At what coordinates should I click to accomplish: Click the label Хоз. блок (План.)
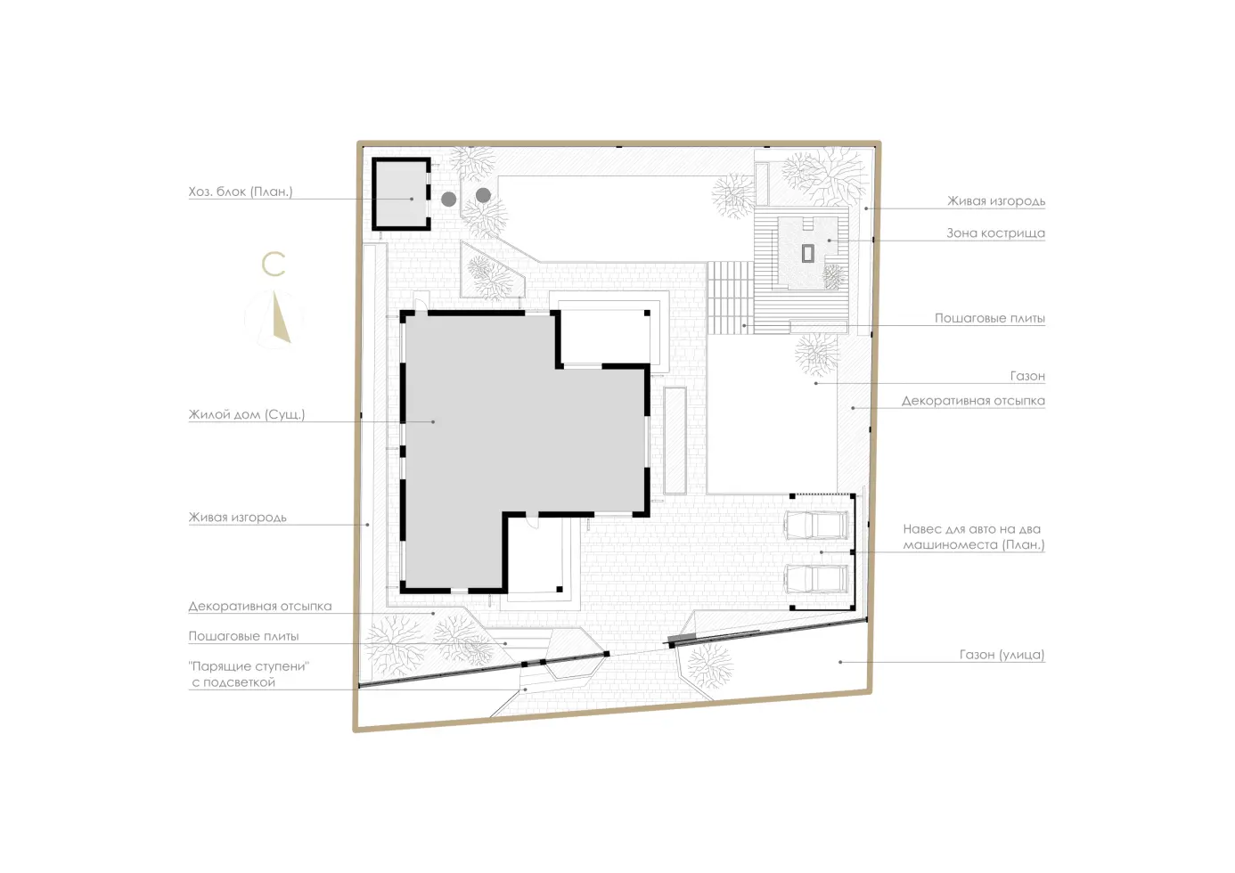(x=241, y=192)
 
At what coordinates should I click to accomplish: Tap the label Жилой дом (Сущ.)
(x=247, y=414)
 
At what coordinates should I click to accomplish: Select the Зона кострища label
(x=995, y=233)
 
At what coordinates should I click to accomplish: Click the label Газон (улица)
(x=1002, y=655)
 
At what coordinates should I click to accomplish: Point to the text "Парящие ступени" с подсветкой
(x=249, y=674)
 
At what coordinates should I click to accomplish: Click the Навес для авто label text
(x=974, y=537)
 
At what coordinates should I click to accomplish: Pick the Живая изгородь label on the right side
(x=996, y=201)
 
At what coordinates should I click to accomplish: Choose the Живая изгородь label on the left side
(x=238, y=518)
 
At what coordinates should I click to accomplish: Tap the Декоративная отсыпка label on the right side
(x=973, y=401)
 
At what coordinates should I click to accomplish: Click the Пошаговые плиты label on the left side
(x=243, y=636)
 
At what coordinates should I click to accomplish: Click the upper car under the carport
(x=816, y=525)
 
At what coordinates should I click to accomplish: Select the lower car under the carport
(x=816, y=579)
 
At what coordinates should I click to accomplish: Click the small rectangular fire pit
(x=807, y=253)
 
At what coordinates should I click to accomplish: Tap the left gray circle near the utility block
(x=449, y=199)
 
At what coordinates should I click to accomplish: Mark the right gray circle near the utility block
(x=483, y=194)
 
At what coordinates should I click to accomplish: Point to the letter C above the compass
(x=273, y=264)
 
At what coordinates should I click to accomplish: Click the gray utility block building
(x=401, y=194)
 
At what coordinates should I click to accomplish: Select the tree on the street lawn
(x=711, y=666)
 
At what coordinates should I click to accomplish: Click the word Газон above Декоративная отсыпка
(x=1027, y=376)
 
